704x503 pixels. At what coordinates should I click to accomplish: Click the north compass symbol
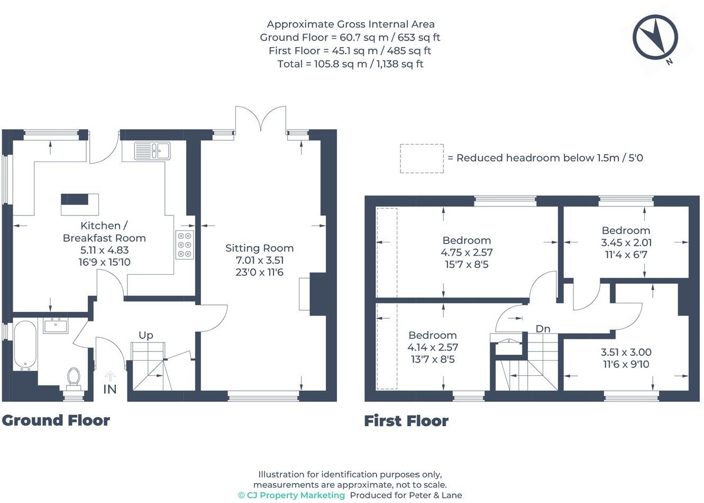pyautogui.click(x=655, y=37)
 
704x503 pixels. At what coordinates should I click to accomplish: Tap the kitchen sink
pyautogui.click(x=152, y=150)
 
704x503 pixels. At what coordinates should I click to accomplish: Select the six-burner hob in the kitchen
pyautogui.click(x=185, y=245)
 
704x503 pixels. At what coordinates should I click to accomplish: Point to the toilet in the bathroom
pyautogui.click(x=74, y=378)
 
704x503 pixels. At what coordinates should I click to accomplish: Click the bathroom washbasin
pyautogui.click(x=56, y=325)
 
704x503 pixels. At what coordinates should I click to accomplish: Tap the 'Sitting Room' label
pyautogui.click(x=259, y=248)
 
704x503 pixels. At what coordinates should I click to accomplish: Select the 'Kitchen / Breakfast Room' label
pyautogui.click(x=104, y=232)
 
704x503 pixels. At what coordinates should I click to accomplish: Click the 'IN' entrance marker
pyautogui.click(x=109, y=389)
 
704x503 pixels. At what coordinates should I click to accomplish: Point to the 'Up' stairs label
pyautogui.click(x=146, y=335)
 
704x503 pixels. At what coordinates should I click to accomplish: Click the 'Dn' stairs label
pyautogui.click(x=543, y=329)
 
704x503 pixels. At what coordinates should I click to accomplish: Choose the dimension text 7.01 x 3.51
pyautogui.click(x=259, y=260)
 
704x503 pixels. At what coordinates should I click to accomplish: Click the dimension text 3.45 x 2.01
pyautogui.click(x=626, y=242)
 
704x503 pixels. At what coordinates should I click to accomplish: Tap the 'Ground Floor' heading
pyautogui.click(x=56, y=420)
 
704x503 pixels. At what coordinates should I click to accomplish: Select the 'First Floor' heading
pyautogui.click(x=406, y=421)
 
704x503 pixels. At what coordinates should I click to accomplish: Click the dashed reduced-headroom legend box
pyautogui.click(x=422, y=158)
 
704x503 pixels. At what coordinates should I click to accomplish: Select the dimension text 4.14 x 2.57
pyautogui.click(x=433, y=347)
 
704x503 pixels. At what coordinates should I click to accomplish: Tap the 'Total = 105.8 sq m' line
pyautogui.click(x=350, y=64)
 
